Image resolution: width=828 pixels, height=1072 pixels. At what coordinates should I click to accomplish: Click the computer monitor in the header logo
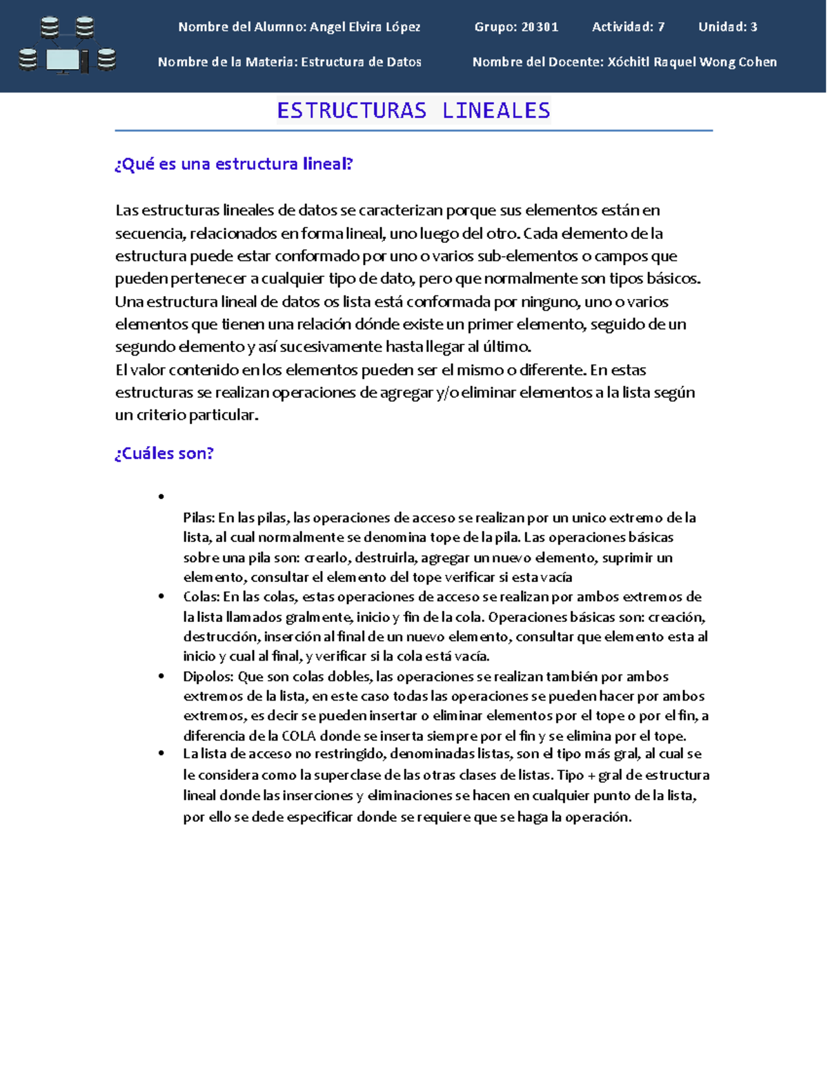pyautogui.click(x=63, y=61)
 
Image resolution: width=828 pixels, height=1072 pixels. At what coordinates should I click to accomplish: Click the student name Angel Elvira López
pyautogui.click(x=365, y=27)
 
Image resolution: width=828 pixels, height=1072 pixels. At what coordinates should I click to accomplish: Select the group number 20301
pyautogui.click(x=540, y=27)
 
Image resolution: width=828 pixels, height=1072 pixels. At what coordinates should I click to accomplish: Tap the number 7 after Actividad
pyautogui.click(x=661, y=27)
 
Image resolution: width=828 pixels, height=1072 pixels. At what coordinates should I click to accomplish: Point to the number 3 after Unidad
pyautogui.click(x=753, y=27)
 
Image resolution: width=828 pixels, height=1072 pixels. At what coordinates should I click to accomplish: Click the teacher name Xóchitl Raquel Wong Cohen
pyautogui.click(x=692, y=62)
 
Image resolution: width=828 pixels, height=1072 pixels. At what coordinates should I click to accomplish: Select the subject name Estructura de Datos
pyautogui.click(x=361, y=62)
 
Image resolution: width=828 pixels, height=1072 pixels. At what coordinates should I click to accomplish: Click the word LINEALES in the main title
pyautogui.click(x=496, y=110)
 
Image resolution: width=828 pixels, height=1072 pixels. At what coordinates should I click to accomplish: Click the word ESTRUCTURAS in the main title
pyautogui.click(x=352, y=110)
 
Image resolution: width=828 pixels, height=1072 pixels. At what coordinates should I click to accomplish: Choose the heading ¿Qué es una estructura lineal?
pyautogui.click(x=234, y=164)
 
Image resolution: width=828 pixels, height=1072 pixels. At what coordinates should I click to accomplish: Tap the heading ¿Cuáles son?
pyautogui.click(x=164, y=454)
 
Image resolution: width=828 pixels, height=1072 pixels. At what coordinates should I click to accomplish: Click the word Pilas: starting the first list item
pyautogui.click(x=199, y=518)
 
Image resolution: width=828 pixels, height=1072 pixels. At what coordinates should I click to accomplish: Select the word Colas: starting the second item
pyautogui.click(x=201, y=597)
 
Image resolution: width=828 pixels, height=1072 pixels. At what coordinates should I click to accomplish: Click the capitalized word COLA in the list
pyautogui.click(x=298, y=736)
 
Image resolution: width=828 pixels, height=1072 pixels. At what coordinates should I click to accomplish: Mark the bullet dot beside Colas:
pyautogui.click(x=161, y=596)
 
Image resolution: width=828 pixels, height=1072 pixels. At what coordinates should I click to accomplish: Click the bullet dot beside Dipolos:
pyautogui.click(x=161, y=676)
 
